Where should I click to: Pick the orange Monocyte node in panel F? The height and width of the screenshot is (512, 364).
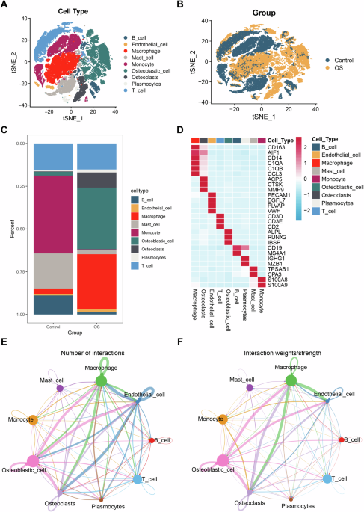(222, 419)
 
